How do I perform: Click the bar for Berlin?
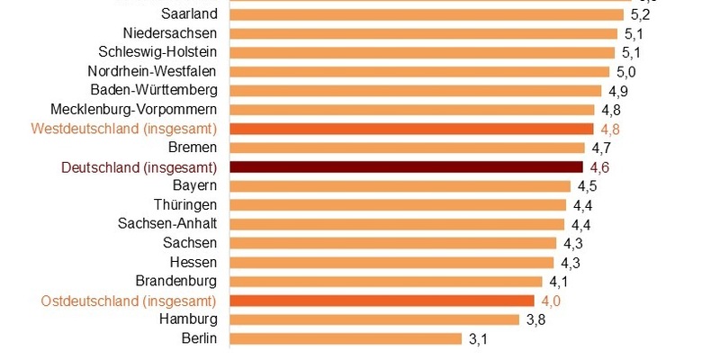click(x=346, y=338)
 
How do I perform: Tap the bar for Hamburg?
click(x=374, y=319)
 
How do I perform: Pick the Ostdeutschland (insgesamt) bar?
click(x=382, y=301)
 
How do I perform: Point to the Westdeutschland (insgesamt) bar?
click(x=411, y=129)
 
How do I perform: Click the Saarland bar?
click(x=427, y=14)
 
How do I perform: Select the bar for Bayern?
click(x=400, y=186)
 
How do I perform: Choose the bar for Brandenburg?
click(x=386, y=282)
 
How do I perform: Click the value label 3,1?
click(x=478, y=339)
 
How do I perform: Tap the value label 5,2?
click(x=641, y=14)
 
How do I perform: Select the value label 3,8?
click(x=536, y=319)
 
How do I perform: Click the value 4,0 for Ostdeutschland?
click(x=552, y=301)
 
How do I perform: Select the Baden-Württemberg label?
click(x=154, y=91)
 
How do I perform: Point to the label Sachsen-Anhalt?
click(x=167, y=224)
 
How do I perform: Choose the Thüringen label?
click(x=185, y=205)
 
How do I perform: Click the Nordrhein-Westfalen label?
click(x=153, y=72)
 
